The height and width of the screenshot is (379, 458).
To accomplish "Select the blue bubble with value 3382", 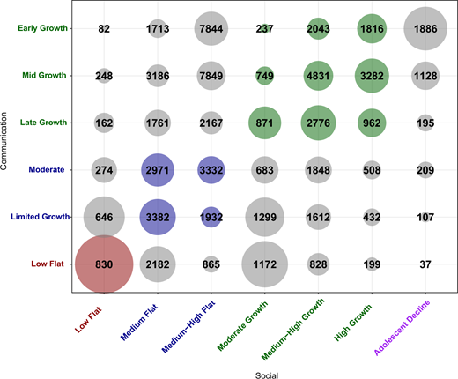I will (x=157, y=214).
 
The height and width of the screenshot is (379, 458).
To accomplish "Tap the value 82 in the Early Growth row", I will (x=104, y=29).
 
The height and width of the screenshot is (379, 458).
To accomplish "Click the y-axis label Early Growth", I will (x=41, y=29).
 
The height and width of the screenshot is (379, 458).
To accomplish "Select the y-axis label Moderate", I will (x=49, y=167).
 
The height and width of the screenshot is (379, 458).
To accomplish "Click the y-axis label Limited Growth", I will (x=38, y=214).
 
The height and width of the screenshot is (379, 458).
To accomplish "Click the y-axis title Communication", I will (x=7, y=145).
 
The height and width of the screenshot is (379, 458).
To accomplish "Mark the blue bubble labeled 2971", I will (x=157, y=167).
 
